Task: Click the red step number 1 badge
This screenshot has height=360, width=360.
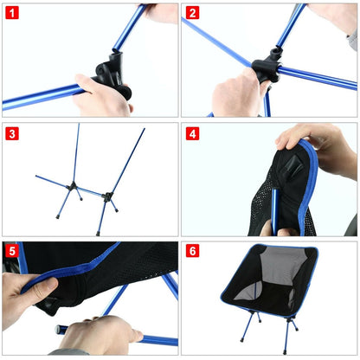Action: tap(12, 13)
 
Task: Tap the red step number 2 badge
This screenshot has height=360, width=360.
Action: tap(192, 13)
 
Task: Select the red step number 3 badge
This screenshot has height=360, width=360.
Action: tap(12, 133)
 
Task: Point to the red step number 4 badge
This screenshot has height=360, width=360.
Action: tap(192, 133)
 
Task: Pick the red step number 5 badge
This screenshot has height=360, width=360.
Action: tap(12, 252)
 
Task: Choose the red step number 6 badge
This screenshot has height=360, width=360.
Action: tap(192, 252)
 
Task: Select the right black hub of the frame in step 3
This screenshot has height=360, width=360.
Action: tap(108, 196)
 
